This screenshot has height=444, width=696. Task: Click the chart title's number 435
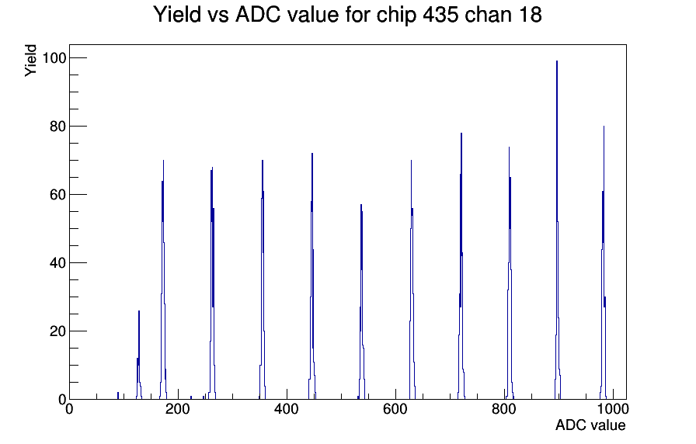440,14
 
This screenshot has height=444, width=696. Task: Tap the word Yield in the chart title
176,14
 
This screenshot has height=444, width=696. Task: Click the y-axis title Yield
30,61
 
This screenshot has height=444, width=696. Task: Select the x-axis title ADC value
590,425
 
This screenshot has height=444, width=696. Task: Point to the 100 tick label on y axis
54,57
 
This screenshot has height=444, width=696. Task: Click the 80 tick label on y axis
57,127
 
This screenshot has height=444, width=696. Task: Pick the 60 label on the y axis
57,195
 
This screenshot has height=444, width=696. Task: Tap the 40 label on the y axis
57,263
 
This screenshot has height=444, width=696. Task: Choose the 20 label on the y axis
57,331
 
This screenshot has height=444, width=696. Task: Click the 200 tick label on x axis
178,408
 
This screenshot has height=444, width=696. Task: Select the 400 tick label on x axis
287,408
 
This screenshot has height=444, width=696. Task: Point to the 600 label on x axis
395,408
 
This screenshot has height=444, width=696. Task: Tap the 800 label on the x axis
504,408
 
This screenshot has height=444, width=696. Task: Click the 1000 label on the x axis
613,408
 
